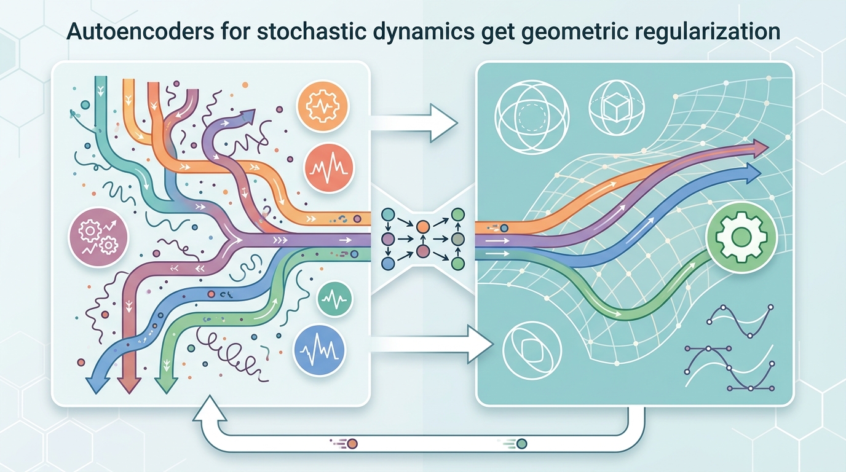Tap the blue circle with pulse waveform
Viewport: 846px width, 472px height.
(320, 350)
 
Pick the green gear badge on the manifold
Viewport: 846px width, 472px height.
(742, 237)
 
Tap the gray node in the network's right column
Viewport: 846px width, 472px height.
(457, 238)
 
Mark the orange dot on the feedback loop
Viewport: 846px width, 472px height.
(352, 442)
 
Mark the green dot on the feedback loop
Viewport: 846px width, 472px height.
(522, 442)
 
